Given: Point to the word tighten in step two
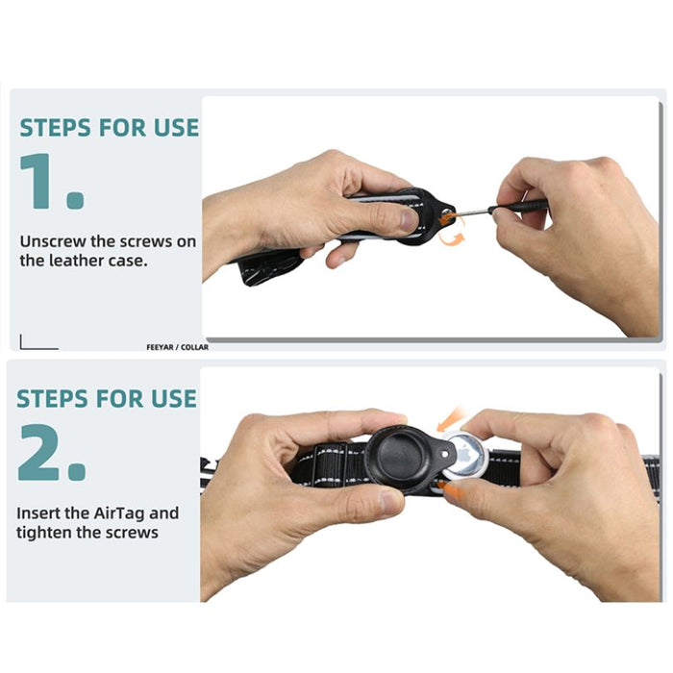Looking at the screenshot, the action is click(x=44, y=533).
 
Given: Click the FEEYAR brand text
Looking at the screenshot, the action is click(x=161, y=347).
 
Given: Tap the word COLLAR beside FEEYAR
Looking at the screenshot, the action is click(x=194, y=347).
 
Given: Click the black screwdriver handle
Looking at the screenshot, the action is click(x=518, y=207).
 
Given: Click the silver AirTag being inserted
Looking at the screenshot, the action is click(x=466, y=456).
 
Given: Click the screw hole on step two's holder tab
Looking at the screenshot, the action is click(x=445, y=454).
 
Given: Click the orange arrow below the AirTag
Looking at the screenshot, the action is click(x=452, y=490).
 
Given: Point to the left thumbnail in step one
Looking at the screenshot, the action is click(x=409, y=220).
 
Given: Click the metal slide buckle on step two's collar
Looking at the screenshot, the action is click(x=330, y=464).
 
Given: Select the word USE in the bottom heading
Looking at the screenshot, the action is click(x=174, y=399).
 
